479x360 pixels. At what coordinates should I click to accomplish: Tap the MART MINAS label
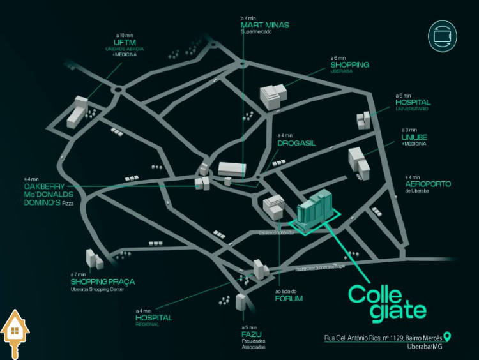pos(260,26)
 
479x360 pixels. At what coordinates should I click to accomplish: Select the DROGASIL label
pos(296,144)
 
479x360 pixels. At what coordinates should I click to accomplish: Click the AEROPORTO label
pos(428,184)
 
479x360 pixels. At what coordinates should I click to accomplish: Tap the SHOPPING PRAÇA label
pos(102,281)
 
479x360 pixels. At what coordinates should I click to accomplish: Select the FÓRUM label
pos(289,298)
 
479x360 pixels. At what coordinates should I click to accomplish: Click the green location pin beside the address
pos(448,336)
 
